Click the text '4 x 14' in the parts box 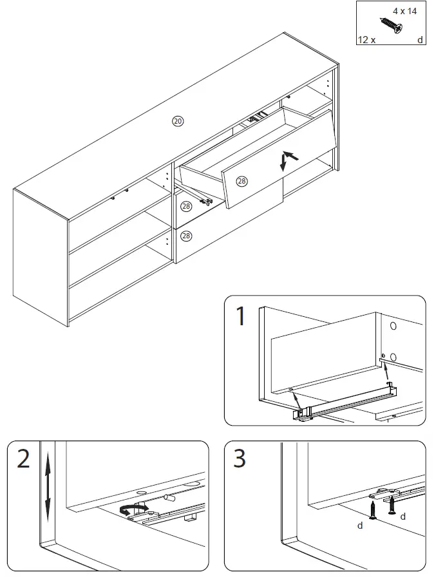point(405,11)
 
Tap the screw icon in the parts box point(390,26)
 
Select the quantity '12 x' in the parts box point(366,40)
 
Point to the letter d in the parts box point(420,40)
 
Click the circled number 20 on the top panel point(178,121)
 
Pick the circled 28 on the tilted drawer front point(242,182)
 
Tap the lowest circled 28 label point(186,236)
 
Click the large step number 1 point(241,316)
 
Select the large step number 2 point(24,459)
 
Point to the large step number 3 point(240,459)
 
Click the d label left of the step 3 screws point(361,526)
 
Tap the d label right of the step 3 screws point(403,516)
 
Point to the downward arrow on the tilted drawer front point(282,165)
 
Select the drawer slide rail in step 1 point(348,401)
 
